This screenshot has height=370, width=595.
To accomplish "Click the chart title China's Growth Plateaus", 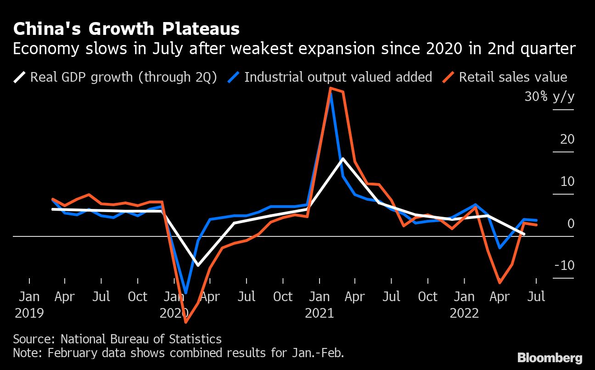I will tap(126, 29).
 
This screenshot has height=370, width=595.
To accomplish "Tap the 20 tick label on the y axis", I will tap(567, 139).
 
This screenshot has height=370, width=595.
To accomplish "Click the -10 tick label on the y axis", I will tap(564, 266).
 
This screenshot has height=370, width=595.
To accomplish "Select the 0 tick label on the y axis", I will tap(570, 224).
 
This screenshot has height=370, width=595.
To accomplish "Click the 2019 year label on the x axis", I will tap(29, 314).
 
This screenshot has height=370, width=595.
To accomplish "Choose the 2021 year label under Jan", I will tap(319, 314).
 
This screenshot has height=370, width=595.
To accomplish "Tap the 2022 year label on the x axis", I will tap(464, 314).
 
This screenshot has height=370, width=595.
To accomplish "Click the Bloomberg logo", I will tap(550, 358).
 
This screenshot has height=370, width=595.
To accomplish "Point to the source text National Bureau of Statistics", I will tap(141, 339).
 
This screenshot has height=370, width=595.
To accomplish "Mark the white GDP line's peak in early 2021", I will tap(342, 158).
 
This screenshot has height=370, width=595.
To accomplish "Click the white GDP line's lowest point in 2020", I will tap(198, 265).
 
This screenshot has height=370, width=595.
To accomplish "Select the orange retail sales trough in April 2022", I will tap(500, 283).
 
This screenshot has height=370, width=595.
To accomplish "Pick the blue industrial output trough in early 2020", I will tap(186, 292).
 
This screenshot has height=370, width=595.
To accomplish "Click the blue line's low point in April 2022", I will tap(500, 248).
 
